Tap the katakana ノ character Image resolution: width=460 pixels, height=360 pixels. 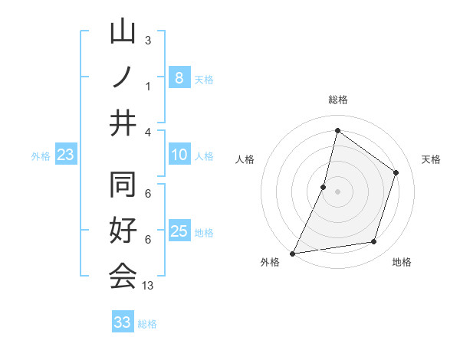123,77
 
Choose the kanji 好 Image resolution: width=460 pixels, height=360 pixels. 123,232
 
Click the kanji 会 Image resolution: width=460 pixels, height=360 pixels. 123,276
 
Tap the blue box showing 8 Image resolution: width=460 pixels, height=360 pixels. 179,77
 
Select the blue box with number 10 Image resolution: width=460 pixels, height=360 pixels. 179,155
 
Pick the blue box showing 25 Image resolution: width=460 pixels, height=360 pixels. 179,231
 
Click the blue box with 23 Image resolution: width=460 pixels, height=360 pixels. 66,155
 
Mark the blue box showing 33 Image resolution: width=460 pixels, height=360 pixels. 123,322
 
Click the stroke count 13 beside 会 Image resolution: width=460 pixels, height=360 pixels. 148,285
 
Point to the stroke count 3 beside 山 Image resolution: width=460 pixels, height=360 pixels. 147,40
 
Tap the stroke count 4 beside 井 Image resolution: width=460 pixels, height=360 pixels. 147,131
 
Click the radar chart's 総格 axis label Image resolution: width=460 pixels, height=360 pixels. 337,100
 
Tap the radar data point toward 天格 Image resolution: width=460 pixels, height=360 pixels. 396,172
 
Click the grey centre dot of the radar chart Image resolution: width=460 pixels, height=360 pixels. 337,191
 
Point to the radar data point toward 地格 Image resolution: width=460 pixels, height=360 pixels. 374,242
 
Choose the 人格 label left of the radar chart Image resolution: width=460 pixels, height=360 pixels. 245,159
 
